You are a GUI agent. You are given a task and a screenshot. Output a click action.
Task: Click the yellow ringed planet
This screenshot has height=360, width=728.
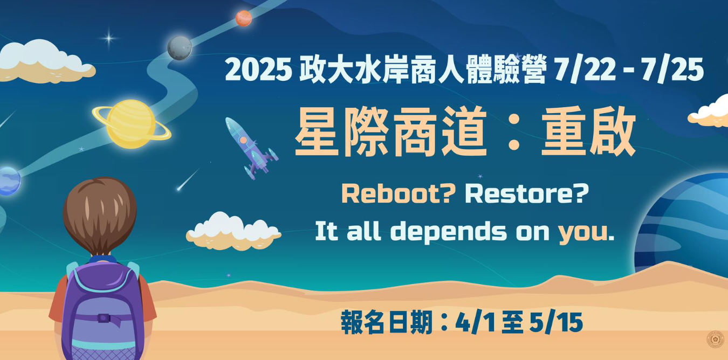(x=131, y=124)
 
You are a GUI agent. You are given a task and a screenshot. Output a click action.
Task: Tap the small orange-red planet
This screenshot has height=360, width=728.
(x=244, y=18)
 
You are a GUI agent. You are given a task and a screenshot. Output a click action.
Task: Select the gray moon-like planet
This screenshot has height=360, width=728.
(x=180, y=48)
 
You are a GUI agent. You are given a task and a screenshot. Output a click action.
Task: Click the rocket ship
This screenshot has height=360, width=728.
(x=250, y=148)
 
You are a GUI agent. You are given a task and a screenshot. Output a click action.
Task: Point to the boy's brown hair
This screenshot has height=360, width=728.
(x=100, y=214)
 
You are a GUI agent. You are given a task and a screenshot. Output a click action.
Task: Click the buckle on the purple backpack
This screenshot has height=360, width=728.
(x=104, y=318)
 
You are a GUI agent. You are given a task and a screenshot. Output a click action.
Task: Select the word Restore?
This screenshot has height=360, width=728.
(x=527, y=194)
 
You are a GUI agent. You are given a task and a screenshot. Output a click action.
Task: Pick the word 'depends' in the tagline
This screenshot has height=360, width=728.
(x=448, y=232)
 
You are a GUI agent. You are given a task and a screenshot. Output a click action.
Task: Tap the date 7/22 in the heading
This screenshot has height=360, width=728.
(x=585, y=70)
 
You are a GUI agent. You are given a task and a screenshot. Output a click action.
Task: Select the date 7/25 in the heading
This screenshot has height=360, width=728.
(x=672, y=70)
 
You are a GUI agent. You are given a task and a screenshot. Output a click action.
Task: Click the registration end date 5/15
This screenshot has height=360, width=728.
(x=556, y=323)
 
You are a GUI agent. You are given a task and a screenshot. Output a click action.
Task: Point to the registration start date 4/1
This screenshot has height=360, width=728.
(x=476, y=323)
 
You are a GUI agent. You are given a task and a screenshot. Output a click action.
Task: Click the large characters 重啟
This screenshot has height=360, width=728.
(x=588, y=131)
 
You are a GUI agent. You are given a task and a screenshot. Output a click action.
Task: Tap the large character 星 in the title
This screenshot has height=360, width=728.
(x=318, y=131)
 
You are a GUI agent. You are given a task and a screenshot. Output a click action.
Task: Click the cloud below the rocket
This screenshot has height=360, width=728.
(x=233, y=231)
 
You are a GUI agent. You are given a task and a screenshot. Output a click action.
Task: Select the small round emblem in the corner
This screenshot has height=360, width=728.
(x=715, y=340)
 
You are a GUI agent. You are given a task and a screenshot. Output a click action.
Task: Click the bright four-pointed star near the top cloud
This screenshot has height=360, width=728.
(x=109, y=38)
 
